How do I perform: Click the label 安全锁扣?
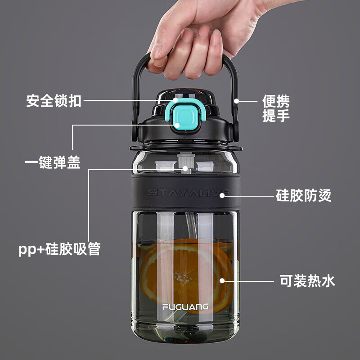coord(54,101)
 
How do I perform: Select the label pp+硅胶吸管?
coord(59,249)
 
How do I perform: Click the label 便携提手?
coord(276,108)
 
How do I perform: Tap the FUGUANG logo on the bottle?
coord(185,307)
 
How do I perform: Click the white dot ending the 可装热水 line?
coord(221,280)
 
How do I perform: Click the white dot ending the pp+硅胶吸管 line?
coord(185,169)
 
